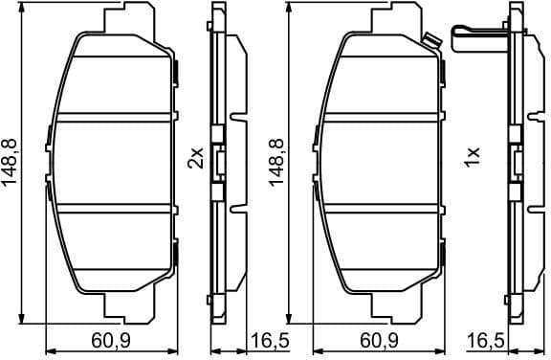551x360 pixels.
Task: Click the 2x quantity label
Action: pos(196,158)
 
